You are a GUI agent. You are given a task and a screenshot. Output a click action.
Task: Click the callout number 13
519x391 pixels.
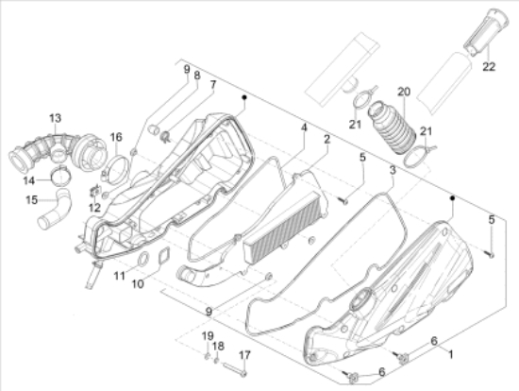tap(56, 118)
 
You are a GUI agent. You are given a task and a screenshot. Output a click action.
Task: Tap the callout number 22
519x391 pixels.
tap(489, 67)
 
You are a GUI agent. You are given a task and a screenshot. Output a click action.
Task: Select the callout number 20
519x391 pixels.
tap(404, 92)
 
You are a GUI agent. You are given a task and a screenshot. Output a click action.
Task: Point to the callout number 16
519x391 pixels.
tap(116, 137)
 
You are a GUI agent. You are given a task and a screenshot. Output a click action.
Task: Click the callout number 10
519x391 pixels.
tap(138, 284)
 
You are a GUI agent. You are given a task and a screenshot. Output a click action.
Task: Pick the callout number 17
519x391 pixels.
tap(244, 355)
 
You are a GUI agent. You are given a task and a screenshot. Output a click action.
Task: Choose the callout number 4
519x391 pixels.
tap(304, 127)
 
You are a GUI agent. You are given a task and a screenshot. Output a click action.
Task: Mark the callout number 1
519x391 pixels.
tap(450, 354)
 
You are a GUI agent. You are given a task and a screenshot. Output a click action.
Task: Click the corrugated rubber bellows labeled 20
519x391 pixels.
tap(392, 128)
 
